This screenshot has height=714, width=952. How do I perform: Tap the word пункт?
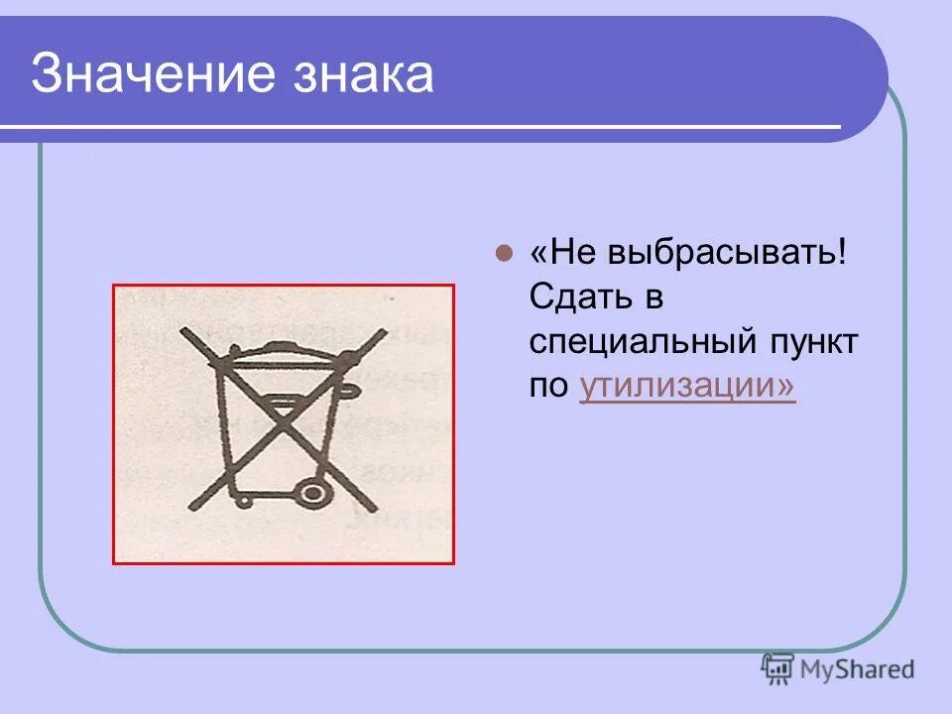click(x=819, y=342)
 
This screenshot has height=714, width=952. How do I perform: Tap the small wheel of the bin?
click(x=235, y=493)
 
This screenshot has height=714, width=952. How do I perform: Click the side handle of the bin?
click(x=346, y=391)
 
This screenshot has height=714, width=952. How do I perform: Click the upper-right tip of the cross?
click(x=381, y=334)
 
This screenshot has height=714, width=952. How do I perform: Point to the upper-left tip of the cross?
click(x=182, y=328)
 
